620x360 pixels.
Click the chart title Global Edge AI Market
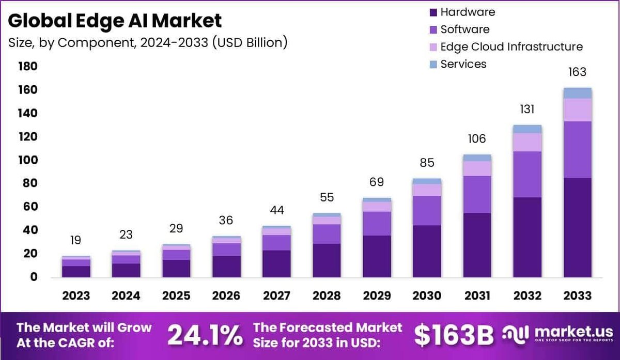click(115, 21)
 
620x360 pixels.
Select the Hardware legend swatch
click(432, 12)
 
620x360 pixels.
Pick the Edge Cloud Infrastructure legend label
click(512, 46)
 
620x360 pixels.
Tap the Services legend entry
click(463, 64)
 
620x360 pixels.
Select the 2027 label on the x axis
click(276, 295)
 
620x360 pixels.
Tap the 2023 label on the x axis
click(76, 295)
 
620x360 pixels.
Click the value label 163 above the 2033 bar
click(577, 72)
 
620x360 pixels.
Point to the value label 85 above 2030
click(427, 163)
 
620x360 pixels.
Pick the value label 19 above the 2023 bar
click(76, 240)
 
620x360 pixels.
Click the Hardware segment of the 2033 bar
click(577, 227)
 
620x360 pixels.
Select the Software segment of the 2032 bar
click(527, 174)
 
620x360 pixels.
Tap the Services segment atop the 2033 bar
click(577, 93)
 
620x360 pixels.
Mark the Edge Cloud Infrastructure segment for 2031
click(477, 168)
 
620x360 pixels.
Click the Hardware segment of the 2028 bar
click(327, 260)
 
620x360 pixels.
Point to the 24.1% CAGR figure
click(205, 335)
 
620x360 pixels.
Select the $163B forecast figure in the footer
click(454, 335)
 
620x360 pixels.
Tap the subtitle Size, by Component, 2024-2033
click(147, 42)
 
